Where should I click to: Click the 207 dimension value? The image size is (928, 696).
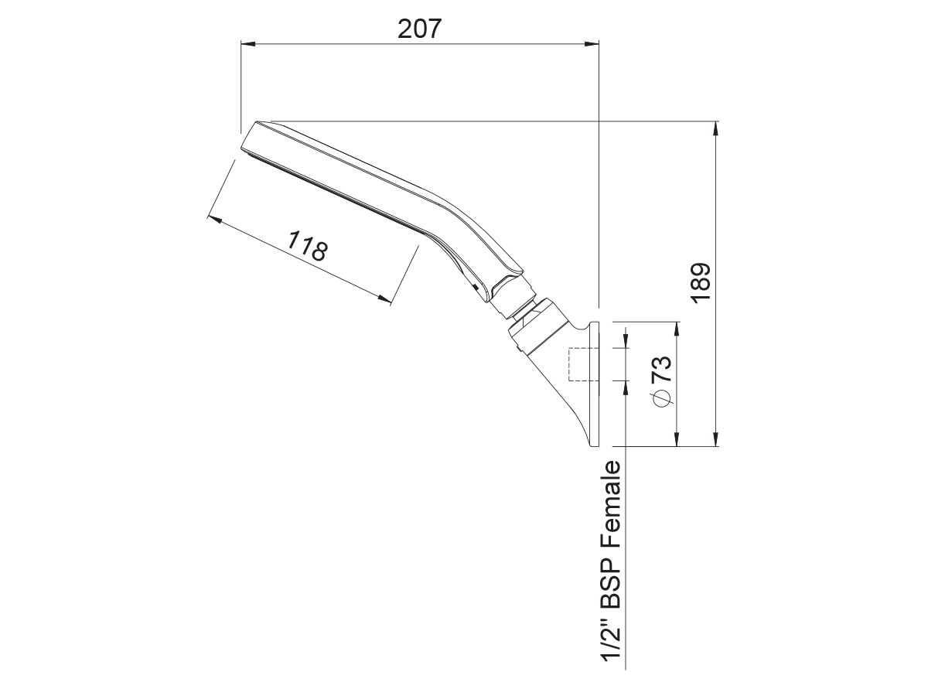419,29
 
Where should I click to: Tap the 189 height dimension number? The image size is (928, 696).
700,283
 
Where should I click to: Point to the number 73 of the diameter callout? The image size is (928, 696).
661,370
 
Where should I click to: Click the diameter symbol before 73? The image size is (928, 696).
661,397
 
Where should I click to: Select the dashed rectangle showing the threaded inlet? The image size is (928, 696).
579,364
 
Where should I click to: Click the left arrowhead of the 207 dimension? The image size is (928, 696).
247,44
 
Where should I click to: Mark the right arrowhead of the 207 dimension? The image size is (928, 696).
593,44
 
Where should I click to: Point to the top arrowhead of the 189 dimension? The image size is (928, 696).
717,128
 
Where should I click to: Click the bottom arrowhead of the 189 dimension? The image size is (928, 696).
717,441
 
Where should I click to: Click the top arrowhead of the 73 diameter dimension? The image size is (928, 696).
677,328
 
